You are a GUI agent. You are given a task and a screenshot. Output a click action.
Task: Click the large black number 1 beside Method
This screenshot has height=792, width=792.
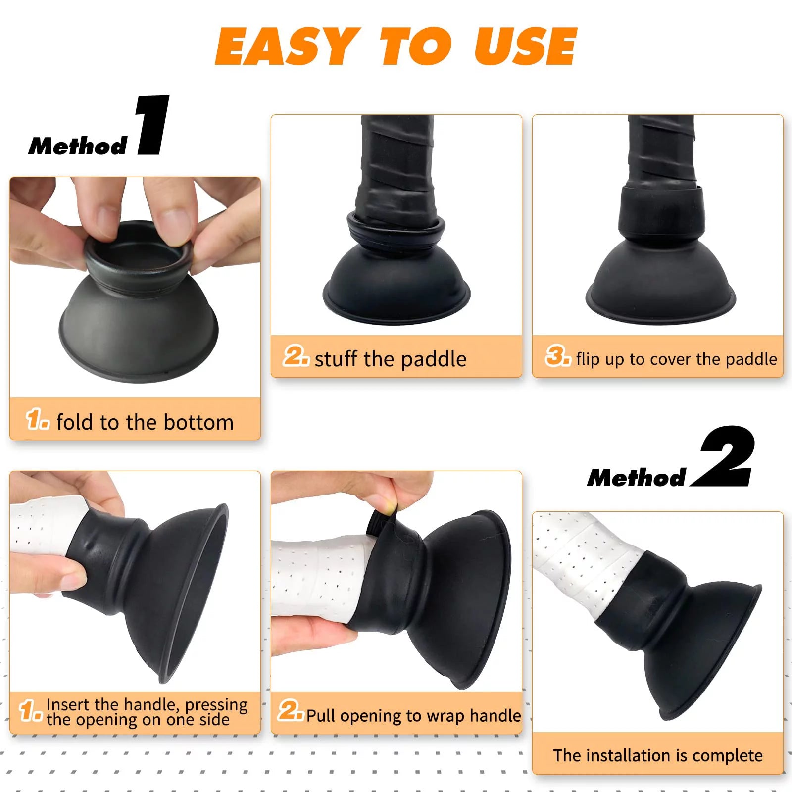(152, 125)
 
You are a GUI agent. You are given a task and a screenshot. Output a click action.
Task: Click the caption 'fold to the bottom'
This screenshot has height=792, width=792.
(145, 422)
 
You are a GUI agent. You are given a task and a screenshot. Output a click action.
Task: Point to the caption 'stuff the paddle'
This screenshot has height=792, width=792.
(390, 359)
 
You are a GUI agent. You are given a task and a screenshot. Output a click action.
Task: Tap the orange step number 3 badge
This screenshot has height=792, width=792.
(557, 356)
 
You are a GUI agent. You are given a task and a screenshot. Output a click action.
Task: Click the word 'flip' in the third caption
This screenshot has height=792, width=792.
(587, 359)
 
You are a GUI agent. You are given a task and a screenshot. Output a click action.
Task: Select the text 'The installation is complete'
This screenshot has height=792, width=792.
(657, 755)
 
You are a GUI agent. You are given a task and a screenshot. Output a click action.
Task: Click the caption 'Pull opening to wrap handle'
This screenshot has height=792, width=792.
(413, 715)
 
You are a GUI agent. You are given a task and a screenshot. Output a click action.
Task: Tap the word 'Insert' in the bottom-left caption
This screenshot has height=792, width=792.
(68, 704)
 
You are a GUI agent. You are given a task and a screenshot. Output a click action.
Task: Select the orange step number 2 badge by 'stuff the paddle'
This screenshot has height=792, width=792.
(296, 356)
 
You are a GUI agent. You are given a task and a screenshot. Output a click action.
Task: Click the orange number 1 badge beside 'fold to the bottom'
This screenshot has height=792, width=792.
(37, 419)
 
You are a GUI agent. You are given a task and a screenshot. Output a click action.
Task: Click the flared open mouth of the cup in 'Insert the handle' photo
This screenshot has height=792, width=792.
(198, 589)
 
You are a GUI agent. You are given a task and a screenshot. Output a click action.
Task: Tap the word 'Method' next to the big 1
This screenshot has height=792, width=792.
(78, 146)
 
